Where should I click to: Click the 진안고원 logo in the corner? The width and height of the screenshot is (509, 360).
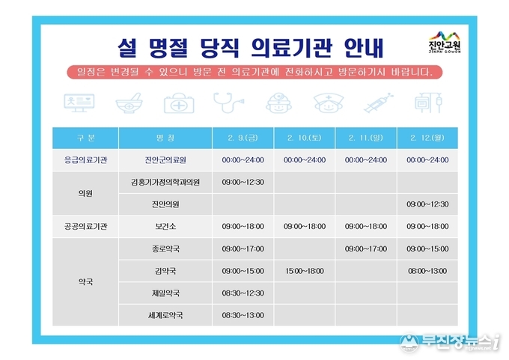[x=445, y=42]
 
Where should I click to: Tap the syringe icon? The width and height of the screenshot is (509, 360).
[x=379, y=103]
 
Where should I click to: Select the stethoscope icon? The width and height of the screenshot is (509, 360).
[x=228, y=103]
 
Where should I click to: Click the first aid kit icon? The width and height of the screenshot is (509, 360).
[x=179, y=103]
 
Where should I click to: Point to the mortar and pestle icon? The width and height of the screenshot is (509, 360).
[x=129, y=103]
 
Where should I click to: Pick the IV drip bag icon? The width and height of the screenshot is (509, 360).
[x=428, y=103]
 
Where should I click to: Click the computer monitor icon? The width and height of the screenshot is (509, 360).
[x=79, y=103]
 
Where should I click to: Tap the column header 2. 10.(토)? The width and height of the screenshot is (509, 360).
[x=304, y=138]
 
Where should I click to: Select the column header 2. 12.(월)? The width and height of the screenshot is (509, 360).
[x=427, y=138]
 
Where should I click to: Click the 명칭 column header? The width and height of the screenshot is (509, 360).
[x=165, y=138]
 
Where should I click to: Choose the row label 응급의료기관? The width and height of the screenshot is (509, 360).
[x=85, y=160]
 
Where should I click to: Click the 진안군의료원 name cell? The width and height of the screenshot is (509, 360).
[x=165, y=160]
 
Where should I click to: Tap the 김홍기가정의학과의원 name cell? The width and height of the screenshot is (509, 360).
[x=165, y=182]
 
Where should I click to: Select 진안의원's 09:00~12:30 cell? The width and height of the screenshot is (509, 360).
[x=427, y=204]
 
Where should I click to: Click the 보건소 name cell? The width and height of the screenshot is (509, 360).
[x=165, y=226]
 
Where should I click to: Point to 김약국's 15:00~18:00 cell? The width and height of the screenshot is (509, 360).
[x=305, y=271]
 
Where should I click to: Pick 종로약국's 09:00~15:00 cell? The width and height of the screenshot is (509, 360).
[x=427, y=248]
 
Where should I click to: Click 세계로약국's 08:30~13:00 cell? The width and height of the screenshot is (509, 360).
[x=243, y=315]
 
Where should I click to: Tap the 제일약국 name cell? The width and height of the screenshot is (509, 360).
[x=165, y=293]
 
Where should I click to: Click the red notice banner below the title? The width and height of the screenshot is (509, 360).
[x=254, y=72]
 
